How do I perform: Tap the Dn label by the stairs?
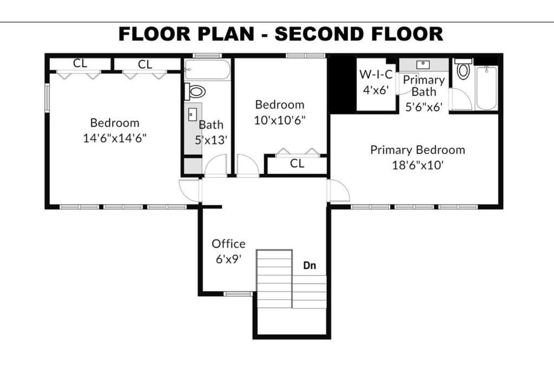click(x=309, y=265)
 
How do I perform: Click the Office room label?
click(x=229, y=244)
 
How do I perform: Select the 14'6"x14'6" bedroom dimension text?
click(x=115, y=138)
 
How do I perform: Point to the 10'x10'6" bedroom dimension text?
click(x=280, y=120)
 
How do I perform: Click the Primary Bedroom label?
click(x=418, y=150)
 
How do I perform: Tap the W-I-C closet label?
click(x=376, y=74)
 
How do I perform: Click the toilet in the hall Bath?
click(x=195, y=92)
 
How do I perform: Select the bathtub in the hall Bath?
click(x=207, y=70)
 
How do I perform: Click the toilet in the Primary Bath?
click(x=463, y=69)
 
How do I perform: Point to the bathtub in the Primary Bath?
click(x=486, y=88)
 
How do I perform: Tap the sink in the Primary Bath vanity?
click(x=423, y=64)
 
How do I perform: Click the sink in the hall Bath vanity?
click(x=193, y=115)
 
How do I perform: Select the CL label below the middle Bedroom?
click(x=297, y=164)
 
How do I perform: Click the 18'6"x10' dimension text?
click(x=418, y=165)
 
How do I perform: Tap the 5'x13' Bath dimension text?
click(x=211, y=140)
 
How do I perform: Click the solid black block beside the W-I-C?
click(x=342, y=85)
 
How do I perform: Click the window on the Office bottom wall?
click(x=238, y=294)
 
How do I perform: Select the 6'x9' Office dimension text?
click(x=229, y=259)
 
